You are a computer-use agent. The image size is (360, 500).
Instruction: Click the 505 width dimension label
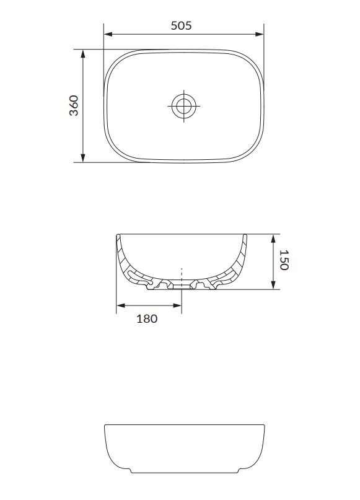coord(181,25)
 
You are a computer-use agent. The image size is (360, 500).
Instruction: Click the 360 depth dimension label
coord(74,105)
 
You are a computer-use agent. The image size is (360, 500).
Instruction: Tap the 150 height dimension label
coord(284,260)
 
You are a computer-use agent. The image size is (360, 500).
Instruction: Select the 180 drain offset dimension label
coord(147,318)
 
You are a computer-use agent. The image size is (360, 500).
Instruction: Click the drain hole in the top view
coord(183,106)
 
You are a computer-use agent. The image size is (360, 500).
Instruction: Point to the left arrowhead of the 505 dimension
coord(108,34)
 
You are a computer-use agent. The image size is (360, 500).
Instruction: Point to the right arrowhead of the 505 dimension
coord(260,34)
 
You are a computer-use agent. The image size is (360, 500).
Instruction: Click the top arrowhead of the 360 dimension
coord(83,54)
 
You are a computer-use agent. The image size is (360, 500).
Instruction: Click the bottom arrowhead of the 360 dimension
coord(83,158)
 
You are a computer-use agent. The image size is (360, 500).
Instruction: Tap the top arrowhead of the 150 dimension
coord(273,239)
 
